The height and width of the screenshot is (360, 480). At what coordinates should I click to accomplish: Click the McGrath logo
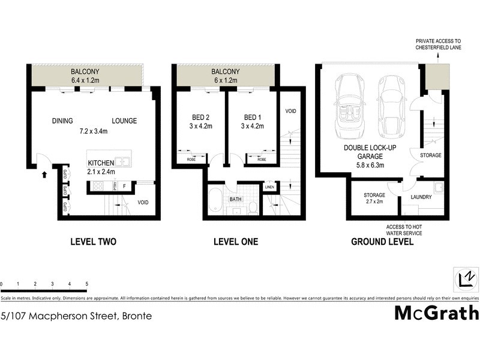[436, 313]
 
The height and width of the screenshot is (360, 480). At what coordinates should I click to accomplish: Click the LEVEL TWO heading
[93, 242]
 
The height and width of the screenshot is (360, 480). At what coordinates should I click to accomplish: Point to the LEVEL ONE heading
[236, 242]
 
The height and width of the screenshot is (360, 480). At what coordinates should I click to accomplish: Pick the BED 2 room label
[193, 118]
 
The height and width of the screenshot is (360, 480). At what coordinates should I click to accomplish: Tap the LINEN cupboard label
[269, 187]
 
